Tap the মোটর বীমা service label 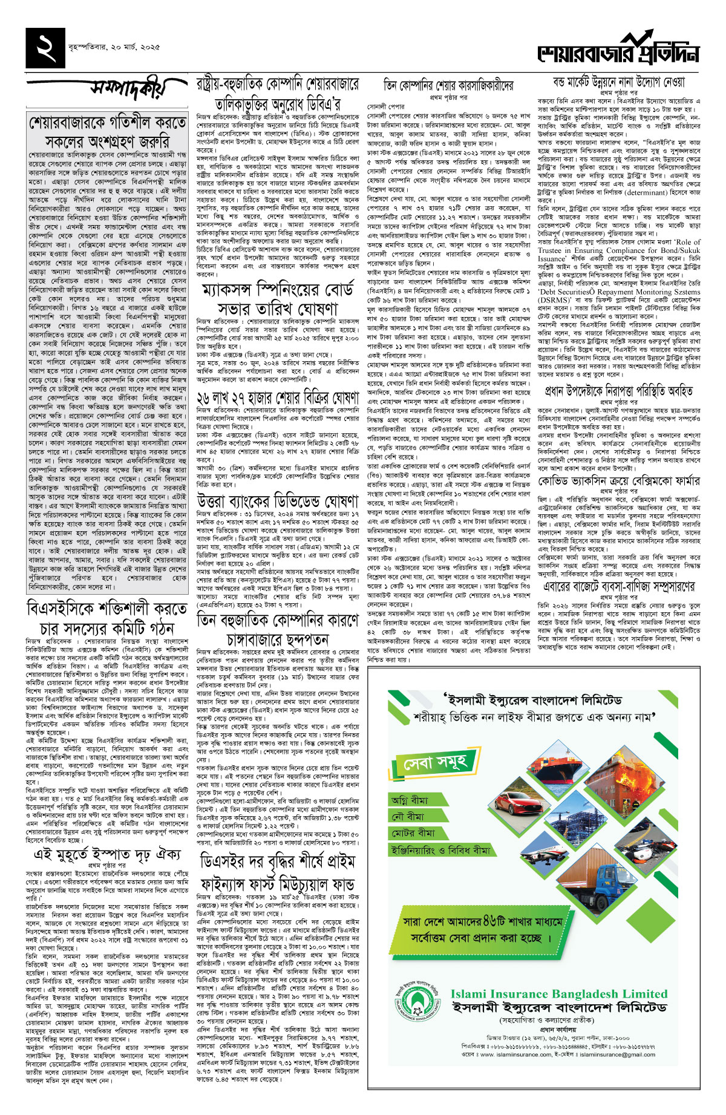412,833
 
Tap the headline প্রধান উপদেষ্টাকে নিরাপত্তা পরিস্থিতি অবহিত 618,391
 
